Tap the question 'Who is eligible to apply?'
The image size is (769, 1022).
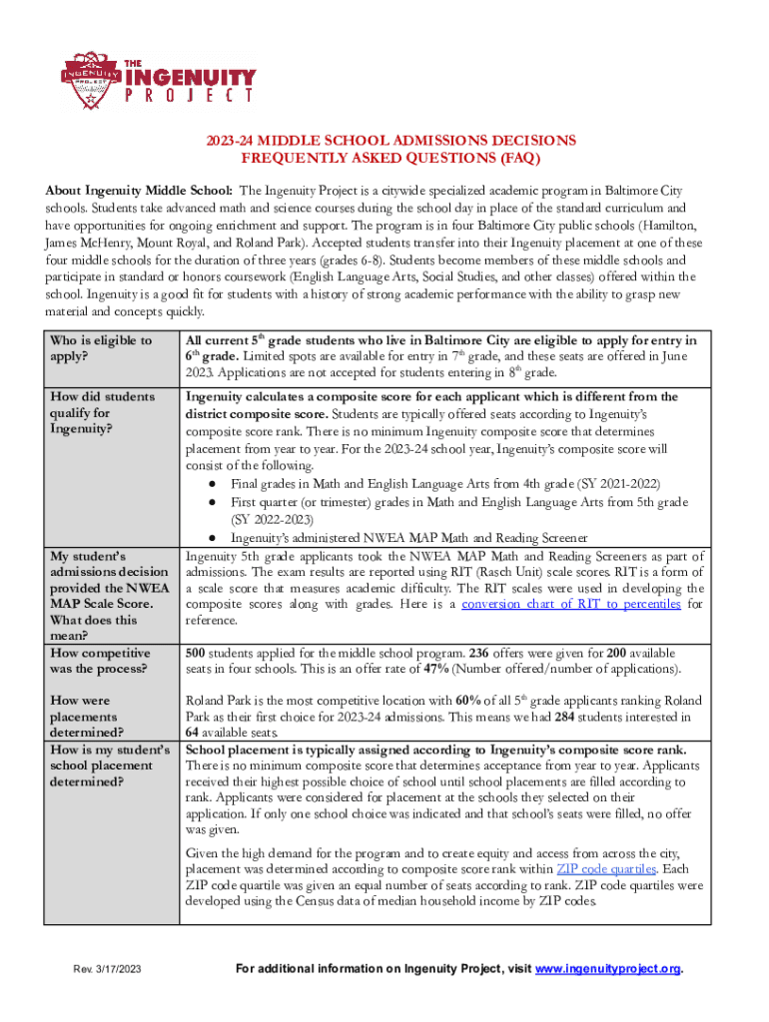(x=100, y=348)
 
